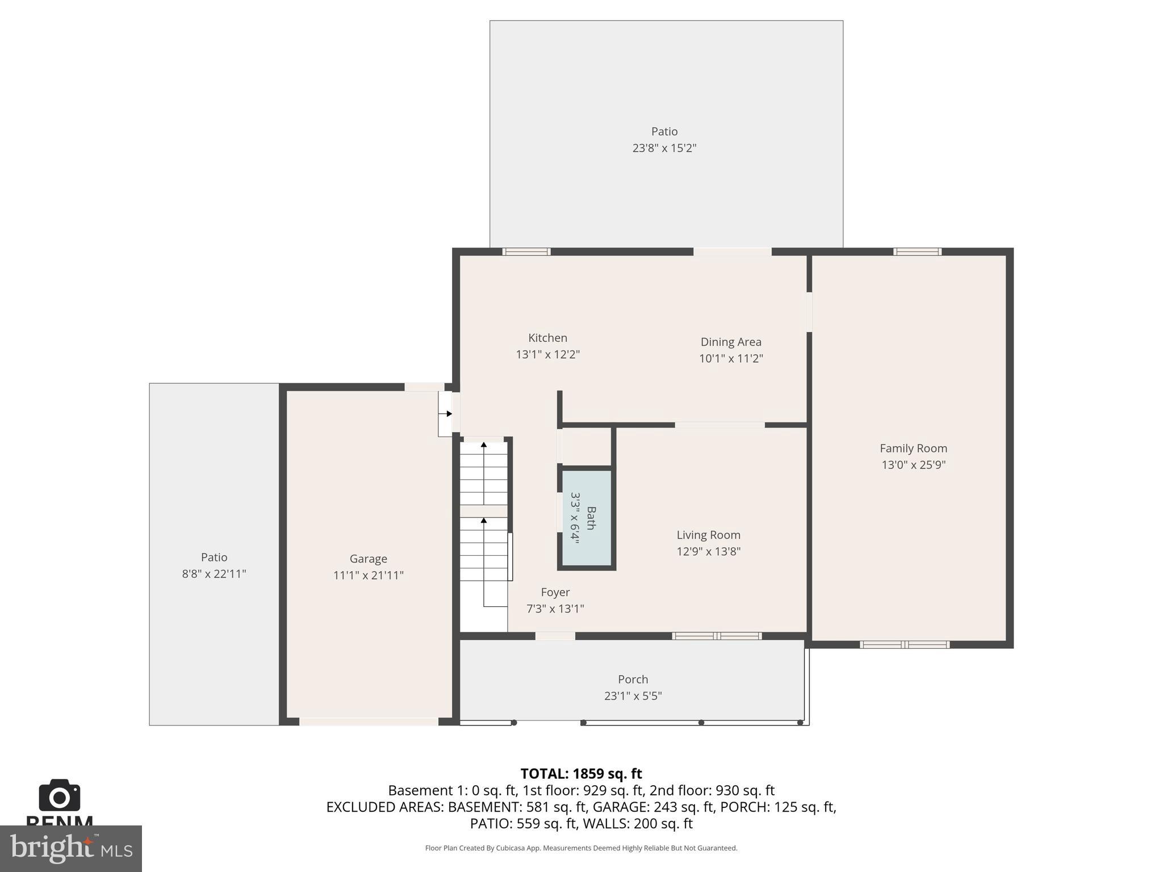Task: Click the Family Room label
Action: point(913,448)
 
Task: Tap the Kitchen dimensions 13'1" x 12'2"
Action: point(547,355)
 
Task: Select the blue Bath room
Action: point(587,518)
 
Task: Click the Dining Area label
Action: point(731,342)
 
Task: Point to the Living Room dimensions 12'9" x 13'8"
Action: point(708,551)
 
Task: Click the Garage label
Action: point(368,559)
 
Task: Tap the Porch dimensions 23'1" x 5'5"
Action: point(633,696)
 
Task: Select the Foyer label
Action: point(555,592)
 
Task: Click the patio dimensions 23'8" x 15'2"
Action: point(664,148)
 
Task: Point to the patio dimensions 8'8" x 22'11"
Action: point(214,574)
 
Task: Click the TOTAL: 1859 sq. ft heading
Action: point(581,774)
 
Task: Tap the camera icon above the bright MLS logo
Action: point(59,796)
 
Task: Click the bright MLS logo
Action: point(70,849)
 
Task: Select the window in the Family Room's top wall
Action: point(917,251)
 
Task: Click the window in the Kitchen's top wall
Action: point(526,251)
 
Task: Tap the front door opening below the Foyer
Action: point(555,636)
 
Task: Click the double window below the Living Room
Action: point(717,636)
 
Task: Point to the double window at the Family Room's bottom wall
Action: point(904,644)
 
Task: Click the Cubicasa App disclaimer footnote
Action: point(581,848)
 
